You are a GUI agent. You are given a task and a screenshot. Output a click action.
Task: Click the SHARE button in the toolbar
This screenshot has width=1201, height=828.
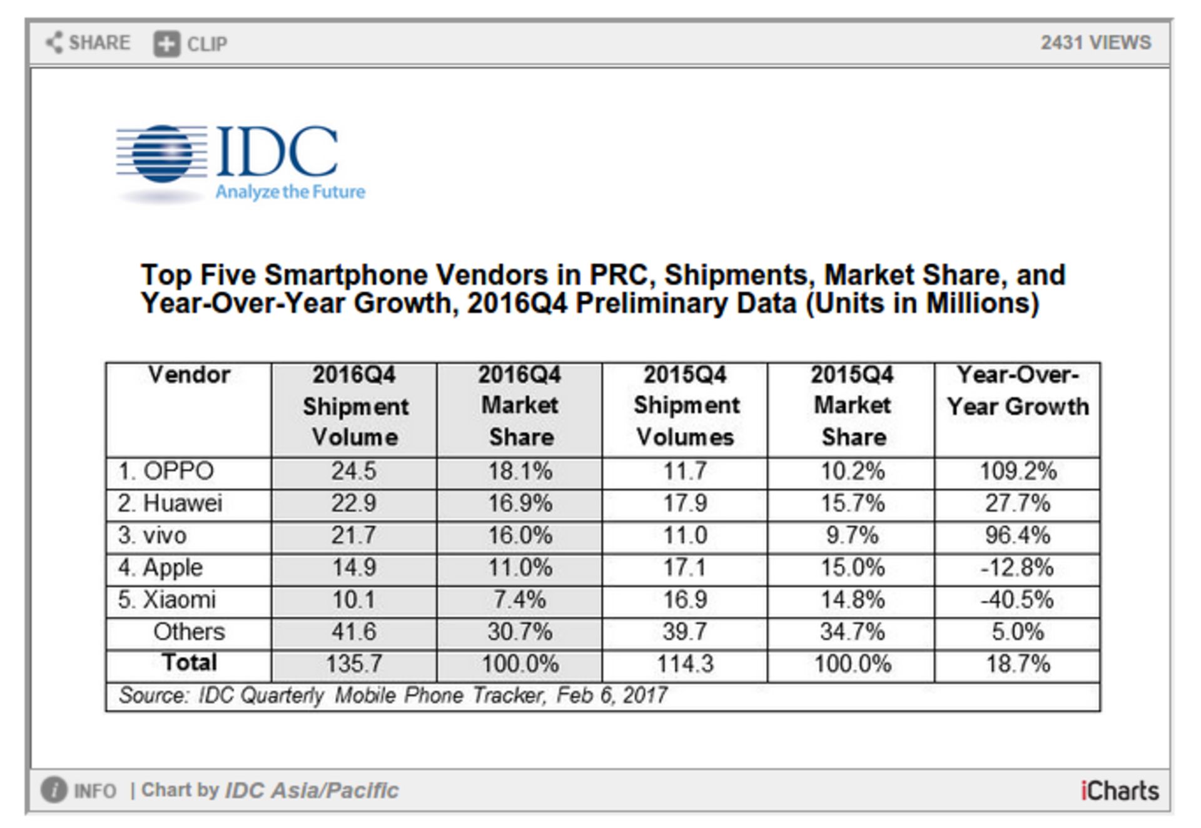88,43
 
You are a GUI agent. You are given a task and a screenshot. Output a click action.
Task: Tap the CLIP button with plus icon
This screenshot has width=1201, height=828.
190,44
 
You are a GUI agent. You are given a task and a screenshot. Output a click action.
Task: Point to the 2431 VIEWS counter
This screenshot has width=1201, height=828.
1095,43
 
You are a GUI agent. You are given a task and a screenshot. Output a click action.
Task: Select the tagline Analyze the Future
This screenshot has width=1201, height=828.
290,192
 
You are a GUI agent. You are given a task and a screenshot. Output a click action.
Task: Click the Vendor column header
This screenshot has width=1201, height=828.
189,375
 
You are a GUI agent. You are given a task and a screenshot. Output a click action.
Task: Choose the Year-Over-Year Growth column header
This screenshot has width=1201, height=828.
1018,391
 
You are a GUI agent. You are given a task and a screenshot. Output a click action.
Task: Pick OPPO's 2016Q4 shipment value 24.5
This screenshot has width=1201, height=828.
354,472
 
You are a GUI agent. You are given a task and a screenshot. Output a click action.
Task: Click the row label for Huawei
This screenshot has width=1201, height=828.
171,503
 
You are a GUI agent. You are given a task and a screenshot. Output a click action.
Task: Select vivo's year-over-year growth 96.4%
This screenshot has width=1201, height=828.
1018,536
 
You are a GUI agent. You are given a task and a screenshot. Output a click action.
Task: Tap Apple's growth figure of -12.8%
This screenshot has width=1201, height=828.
1018,568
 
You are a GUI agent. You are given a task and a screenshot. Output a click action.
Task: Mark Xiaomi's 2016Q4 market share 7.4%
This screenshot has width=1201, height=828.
519,600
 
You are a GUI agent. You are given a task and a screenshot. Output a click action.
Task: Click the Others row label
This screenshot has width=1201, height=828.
189,632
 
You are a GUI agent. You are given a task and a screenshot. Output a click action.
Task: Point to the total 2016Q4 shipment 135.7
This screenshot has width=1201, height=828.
354,664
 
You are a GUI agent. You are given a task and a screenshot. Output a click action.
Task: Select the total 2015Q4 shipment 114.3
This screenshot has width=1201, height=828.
685,664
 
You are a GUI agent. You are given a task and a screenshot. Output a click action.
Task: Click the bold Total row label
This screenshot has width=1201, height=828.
189,663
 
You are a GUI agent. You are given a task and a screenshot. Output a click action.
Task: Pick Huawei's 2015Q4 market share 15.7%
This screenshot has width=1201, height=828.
853,503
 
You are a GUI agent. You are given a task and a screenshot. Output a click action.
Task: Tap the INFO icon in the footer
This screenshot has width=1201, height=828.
54,790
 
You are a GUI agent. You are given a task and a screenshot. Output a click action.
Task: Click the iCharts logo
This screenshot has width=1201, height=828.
1119,791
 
